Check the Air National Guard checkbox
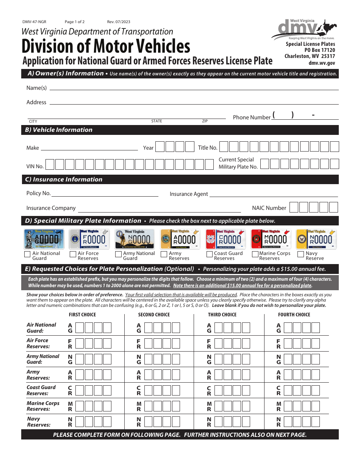click(x=27, y=255)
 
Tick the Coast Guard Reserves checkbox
click(x=209, y=255)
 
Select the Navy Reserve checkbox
click(x=301, y=255)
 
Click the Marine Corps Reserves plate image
click(x=271, y=239)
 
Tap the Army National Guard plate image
click(x=135, y=239)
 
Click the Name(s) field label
click(x=36, y=88)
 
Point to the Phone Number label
click(x=252, y=117)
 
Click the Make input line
click(x=89, y=147)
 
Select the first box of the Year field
click(x=160, y=147)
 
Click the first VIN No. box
click(x=50, y=164)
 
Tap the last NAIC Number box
click(x=333, y=207)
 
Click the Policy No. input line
click(x=105, y=194)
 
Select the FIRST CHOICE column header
click(x=82, y=315)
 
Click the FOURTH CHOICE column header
click(x=294, y=315)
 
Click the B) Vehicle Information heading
click(x=59, y=130)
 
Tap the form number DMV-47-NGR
click(x=34, y=22)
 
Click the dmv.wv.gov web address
click(x=322, y=64)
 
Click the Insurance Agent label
click(x=189, y=194)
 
